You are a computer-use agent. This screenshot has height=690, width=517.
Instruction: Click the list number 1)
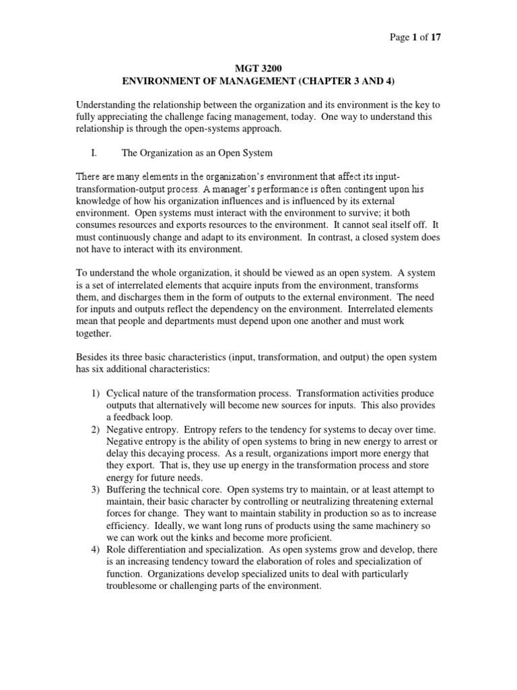pos(94,394)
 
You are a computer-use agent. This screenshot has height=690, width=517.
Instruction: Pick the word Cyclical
pos(125,394)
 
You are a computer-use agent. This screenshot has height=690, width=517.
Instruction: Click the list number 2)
pos(94,430)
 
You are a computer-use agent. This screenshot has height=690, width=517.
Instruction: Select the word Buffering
pos(128,490)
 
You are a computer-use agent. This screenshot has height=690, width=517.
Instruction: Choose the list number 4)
pos(94,550)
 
